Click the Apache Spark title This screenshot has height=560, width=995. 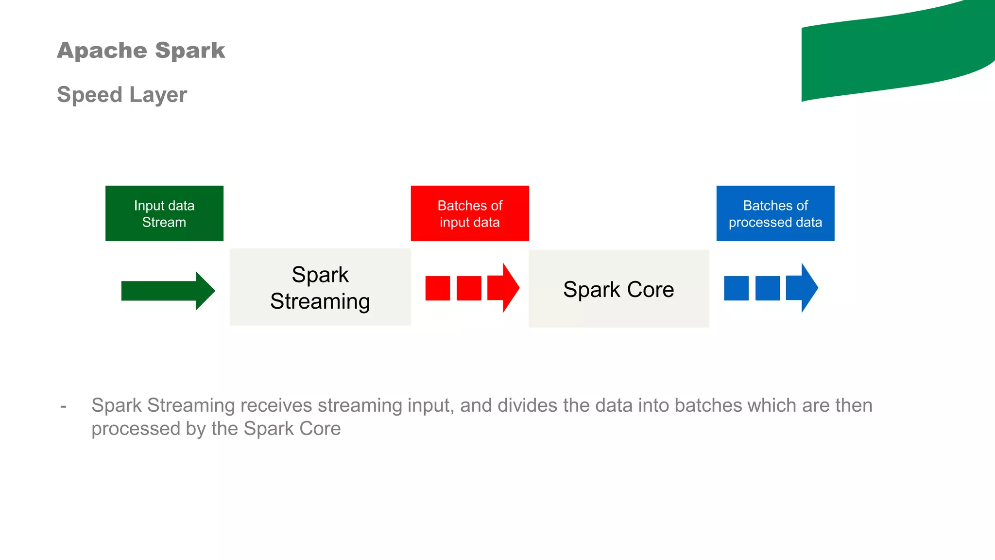[x=141, y=51]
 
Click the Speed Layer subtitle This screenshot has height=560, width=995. [x=122, y=94]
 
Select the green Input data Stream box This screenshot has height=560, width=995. [x=164, y=213]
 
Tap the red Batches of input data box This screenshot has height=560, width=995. [x=469, y=213]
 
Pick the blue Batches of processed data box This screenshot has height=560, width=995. [x=775, y=213]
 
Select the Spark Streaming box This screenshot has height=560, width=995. [x=320, y=287]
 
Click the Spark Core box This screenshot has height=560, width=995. [x=618, y=289]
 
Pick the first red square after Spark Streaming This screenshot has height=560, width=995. [x=437, y=288]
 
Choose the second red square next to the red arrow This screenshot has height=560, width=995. [x=469, y=288]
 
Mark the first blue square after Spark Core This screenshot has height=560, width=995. [x=736, y=288]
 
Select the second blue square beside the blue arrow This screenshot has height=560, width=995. [x=768, y=288]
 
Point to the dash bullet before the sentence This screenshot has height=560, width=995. [x=63, y=406]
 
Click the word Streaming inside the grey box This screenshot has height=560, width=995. [x=320, y=301]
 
